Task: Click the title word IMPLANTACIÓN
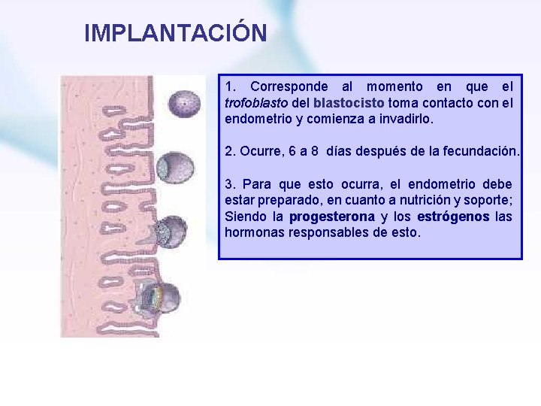[175, 33]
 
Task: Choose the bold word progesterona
[331, 217]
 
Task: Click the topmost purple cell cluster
[181, 103]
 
